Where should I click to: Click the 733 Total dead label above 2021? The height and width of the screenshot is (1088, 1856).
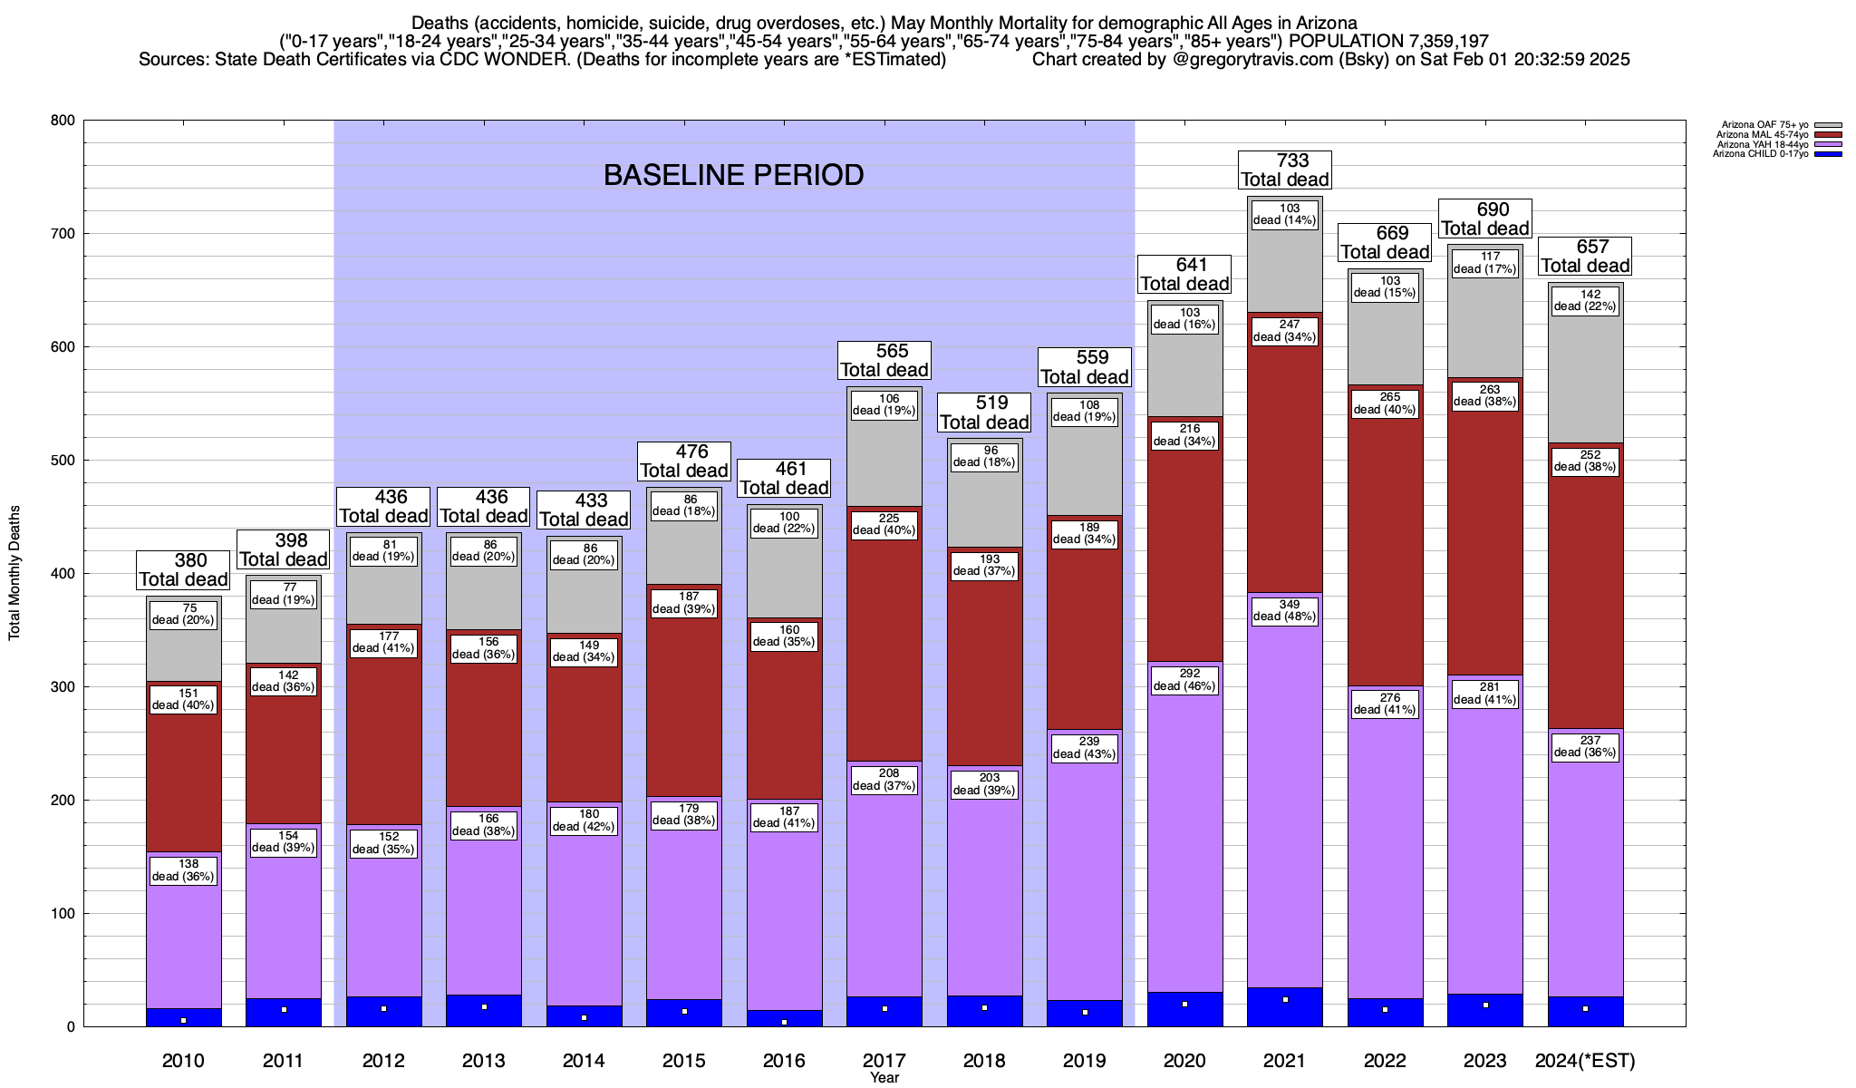pos(1285,170)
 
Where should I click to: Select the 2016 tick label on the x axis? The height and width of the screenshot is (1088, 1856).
pos(784,1061)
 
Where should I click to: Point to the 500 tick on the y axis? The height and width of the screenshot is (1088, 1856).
pos(63,461)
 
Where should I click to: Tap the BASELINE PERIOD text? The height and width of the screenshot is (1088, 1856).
pos(733,175)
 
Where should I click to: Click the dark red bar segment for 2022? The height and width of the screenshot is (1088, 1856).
pos(1385,544)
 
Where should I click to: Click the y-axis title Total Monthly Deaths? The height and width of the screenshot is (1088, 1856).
pos(14,573)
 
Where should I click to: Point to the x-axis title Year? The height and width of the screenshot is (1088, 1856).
pos(884,1078)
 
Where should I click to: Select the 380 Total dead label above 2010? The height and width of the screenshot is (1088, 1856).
pos(184,570)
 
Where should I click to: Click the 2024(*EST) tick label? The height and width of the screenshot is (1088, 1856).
pos(1585,1061)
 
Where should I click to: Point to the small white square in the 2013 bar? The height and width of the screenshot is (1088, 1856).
pos(484,1007)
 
